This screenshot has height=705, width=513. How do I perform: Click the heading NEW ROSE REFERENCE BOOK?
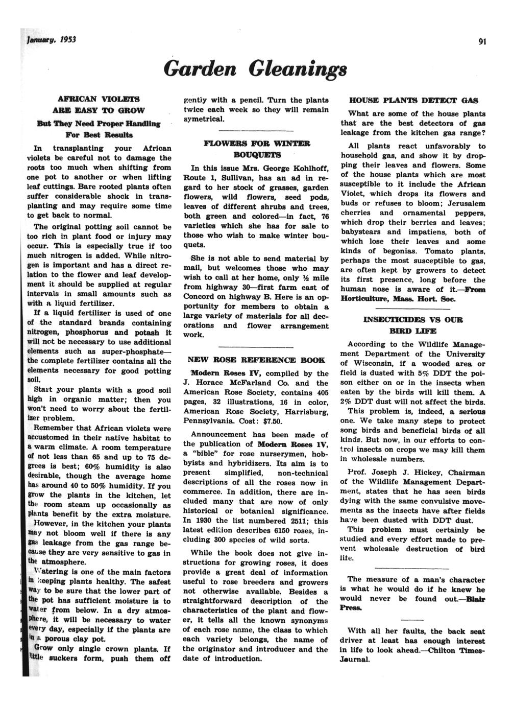pyautogui.click(x=254, y=360)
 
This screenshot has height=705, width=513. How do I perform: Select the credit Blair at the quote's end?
pyautogui.click(x=475, y=598)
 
